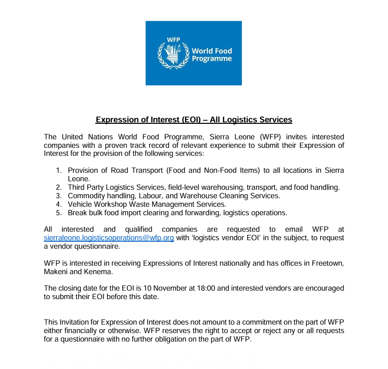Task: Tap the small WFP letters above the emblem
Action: [173, 39]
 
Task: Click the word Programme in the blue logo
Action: [212, 59]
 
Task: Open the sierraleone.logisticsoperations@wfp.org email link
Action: [109, 238]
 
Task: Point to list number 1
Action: [58, 170]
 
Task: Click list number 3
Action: [58, 196]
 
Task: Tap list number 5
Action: [58, 213]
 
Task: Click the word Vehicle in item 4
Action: [81, 204]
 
